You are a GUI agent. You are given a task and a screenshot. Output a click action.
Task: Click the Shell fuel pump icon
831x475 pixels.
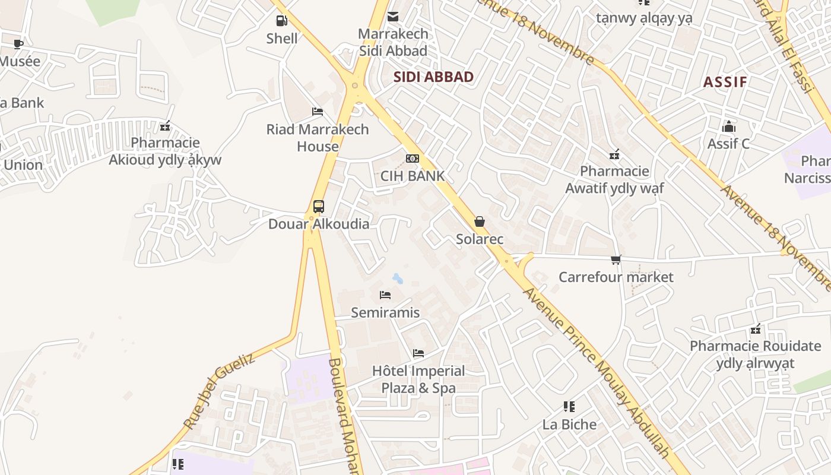coord(281,21)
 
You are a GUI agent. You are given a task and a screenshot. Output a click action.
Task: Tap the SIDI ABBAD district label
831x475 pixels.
coord(433,77)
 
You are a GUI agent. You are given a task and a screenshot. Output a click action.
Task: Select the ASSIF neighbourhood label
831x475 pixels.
coord(725,82)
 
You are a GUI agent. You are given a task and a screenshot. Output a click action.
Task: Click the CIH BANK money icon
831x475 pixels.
coord(412,159)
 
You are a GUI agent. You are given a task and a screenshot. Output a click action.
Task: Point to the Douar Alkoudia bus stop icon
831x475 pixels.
coord(319,207)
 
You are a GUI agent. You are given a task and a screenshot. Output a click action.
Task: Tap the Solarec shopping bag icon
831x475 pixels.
coord(479,222)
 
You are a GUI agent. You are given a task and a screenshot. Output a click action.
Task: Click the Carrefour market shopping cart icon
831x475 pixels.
coord(616,259)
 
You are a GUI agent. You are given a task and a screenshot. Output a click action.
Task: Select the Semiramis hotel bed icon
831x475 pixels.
coord(385,295)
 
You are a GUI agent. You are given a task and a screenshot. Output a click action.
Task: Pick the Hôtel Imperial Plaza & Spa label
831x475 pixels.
coord(418,379)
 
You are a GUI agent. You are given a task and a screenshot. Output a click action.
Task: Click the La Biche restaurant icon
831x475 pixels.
coord(569,407)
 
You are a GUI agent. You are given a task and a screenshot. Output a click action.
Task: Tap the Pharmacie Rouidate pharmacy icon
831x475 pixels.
coord(756,328)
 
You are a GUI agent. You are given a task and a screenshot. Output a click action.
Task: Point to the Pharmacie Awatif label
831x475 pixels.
coord(614,179)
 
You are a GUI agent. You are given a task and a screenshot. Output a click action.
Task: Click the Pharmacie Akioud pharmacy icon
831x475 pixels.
coord(165,126)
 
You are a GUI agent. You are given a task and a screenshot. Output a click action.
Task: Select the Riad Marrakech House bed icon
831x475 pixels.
coord(318,112)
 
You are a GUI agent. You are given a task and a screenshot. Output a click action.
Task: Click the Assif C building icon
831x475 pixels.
coord(728,126)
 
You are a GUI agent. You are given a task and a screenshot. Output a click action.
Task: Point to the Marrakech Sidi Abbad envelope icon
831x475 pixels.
coord(393,17)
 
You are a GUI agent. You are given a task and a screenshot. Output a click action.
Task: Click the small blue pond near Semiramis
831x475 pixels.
coord(397,278)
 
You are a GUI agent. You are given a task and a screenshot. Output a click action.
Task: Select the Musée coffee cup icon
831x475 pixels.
coord(18,44)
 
